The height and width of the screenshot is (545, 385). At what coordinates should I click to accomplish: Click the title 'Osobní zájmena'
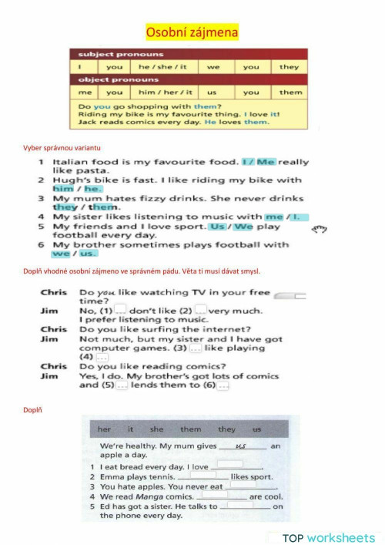[x=192, y=32]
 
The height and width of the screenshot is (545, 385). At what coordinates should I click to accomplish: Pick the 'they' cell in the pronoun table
[x=289, y=67]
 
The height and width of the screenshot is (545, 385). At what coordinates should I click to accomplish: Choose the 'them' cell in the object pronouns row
[x=290, y=93]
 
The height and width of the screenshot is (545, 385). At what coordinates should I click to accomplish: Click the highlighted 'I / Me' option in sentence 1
[x=258, y=162]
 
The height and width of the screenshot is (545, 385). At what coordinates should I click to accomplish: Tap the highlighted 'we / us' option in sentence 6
[x=75, y=253]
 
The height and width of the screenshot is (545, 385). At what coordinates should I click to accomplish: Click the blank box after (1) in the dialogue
[x=120, y=310]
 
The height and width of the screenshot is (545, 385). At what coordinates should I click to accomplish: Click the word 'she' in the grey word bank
[x=157, y=429]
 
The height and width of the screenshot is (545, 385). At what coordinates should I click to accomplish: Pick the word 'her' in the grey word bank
[x=104, y=429]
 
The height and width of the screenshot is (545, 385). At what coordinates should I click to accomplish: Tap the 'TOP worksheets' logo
[x=328, y=537]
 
